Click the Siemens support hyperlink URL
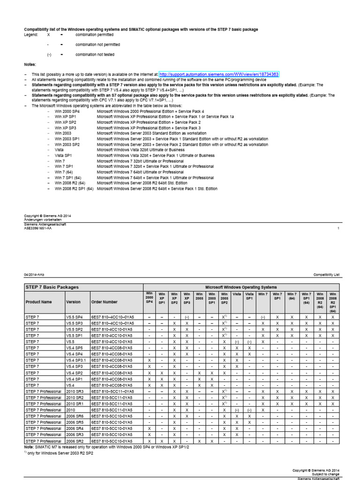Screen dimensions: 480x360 (x=219, y=75)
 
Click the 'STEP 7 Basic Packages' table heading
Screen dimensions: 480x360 (x=52, y=287)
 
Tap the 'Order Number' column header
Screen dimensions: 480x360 (x=105, y=302)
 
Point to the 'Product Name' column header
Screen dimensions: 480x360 (x=38, y=302)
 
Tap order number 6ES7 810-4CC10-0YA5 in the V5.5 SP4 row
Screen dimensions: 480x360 (x=112, y=317)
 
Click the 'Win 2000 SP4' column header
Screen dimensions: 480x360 (x=149, y=298)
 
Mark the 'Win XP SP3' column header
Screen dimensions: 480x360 (x=187, y=298)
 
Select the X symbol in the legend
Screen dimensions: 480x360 (x=48, y=35)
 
